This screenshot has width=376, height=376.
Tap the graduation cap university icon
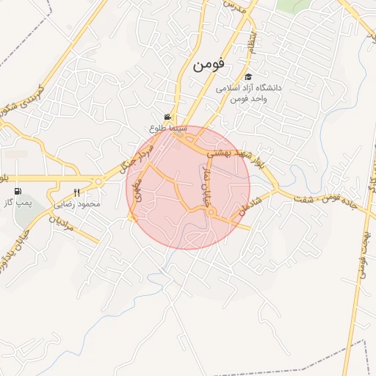248,76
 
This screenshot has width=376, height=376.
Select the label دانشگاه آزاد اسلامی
250,88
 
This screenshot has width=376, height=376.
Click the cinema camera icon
168,117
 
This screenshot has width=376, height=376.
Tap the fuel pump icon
18,192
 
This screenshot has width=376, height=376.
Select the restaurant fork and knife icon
76,193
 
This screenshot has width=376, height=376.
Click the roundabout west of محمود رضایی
98,182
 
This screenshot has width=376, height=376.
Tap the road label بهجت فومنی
361,250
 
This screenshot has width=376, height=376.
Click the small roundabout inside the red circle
211,213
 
